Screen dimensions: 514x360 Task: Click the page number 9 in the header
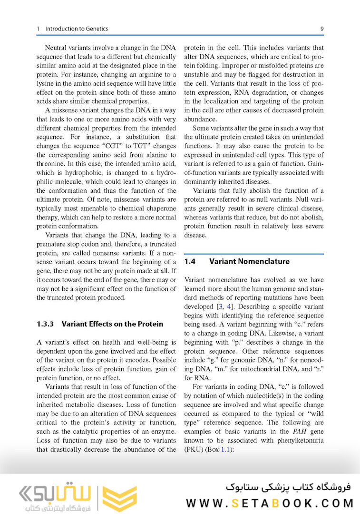pyautogui.click(x=322, y=29)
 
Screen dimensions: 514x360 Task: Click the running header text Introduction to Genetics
pyautogui.click(x=77, y=29)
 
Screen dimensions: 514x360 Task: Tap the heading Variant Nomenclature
pyautogui.click(x=249, y=261)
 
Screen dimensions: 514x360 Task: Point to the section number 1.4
pyautogui.click(x=190, y=261)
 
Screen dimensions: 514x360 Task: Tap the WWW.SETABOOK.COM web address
pyautogui.click(x=270, y=503)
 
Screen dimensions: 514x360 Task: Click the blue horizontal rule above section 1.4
pyautogui.click(x=253, y=254)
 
